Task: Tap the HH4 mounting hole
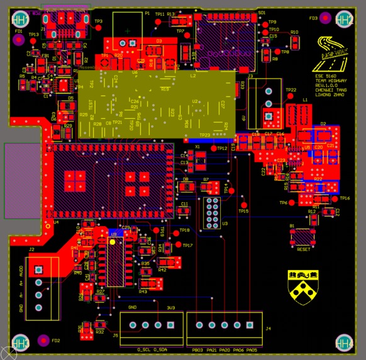(343, 342)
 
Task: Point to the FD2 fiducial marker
(43, 341)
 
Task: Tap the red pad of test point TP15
(243, 204)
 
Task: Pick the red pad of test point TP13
(34, 42)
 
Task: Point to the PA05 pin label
(252, 349)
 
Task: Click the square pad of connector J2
(39, 270)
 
